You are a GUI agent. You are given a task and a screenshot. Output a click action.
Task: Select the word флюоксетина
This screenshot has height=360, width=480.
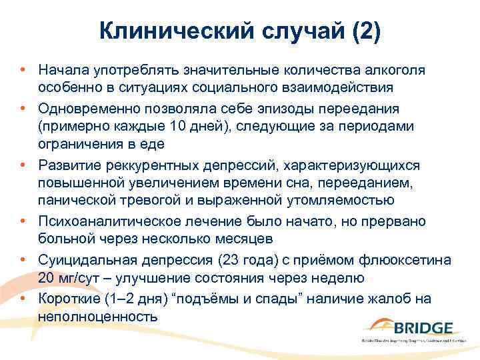(412, 259)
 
